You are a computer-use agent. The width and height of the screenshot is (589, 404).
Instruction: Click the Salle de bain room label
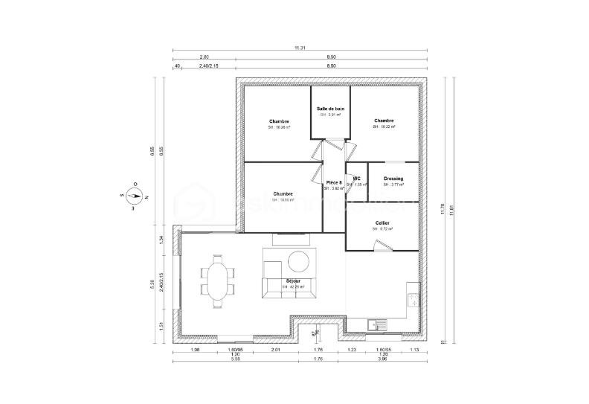click(330, 109)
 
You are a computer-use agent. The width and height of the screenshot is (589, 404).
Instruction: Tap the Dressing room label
click(393, 179)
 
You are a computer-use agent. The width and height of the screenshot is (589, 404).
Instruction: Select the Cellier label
click(382, 222)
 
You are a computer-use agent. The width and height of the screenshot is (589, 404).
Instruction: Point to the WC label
click(357, 179)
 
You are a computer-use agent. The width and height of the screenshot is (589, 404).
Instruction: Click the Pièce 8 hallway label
click(334, 182)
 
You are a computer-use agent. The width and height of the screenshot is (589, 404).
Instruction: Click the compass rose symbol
click(134, 196)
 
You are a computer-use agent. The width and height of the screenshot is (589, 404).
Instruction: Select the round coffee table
click(299, 261)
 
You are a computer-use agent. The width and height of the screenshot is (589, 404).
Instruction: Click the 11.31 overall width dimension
click(300, 48)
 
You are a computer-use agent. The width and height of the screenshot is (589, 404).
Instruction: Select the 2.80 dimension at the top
click(204, 57)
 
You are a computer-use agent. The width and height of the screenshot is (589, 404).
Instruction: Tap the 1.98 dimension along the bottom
click(195, 349)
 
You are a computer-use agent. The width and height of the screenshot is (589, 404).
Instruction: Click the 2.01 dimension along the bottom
click(274, 349)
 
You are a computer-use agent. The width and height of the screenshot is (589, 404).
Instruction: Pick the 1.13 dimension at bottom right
click(414, 349)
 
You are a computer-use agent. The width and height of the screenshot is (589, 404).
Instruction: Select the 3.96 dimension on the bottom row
click(383, 359)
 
